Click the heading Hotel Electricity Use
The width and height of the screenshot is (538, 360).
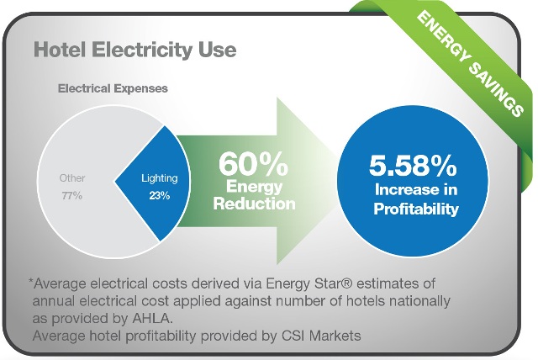135,50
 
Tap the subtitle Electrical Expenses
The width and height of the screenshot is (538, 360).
113,88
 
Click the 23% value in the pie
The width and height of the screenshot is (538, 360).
160,196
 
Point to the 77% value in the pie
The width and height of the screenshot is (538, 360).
72,196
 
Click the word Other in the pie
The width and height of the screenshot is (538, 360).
72,177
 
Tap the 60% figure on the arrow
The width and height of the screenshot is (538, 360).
253,164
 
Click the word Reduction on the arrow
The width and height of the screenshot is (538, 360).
254,204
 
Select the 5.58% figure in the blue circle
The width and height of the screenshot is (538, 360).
413,166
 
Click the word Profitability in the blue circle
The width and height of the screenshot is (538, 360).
416,209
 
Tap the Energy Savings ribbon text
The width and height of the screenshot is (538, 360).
471,63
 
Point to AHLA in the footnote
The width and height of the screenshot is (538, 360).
150,319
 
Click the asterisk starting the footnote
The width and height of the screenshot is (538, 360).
30,282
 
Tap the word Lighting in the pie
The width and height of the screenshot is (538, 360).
160,178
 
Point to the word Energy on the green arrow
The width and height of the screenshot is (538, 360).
254,187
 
